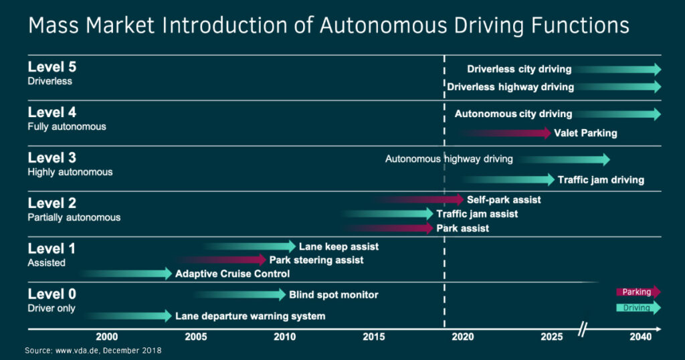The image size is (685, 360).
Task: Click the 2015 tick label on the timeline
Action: point(373,337)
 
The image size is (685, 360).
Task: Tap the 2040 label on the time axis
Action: point(640,337)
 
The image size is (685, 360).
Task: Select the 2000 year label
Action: point(107,337)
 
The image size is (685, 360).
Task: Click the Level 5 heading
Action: point(52,67)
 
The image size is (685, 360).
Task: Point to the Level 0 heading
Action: point(52,294)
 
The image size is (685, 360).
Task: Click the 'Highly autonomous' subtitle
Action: point(70,172)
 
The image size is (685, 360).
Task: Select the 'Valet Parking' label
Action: point(585,133)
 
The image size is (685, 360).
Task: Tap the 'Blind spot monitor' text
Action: point(333,294)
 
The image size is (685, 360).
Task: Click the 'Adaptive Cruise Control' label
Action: point(232,274)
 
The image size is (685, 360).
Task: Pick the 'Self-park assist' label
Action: point(504,199)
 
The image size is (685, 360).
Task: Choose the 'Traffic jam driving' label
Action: point(601,179)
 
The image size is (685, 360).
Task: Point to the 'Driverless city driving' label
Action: point(519,69)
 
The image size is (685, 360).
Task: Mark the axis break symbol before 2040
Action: point(583,329)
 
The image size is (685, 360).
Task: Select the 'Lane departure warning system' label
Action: point(250,316)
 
